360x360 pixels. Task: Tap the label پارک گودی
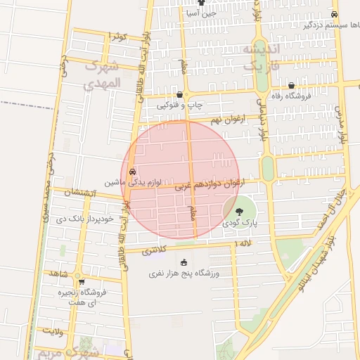240,223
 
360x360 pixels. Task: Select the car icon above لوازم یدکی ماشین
132,171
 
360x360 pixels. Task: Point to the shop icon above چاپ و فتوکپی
180,95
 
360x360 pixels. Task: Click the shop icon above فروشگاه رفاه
291,86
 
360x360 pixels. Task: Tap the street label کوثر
117,36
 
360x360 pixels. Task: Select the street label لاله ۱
243,243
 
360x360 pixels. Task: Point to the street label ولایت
52,330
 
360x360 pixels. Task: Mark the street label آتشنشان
77,193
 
